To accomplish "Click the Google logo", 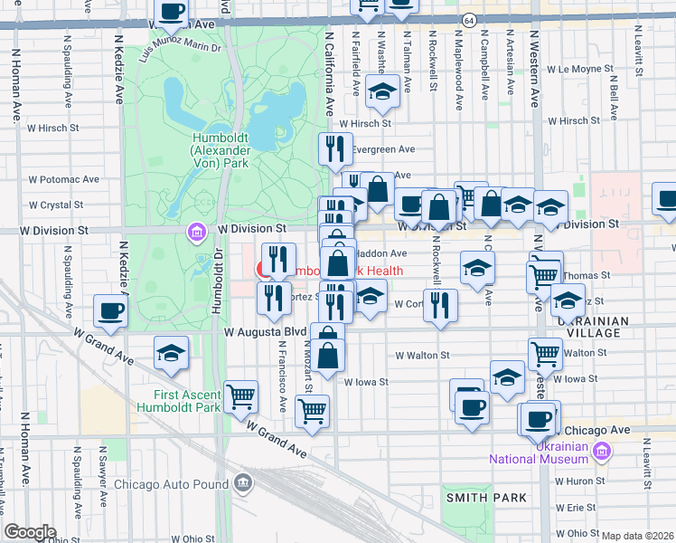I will [30, 532].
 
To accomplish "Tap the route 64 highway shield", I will [468, 20].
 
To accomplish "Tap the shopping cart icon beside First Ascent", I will [240, 396].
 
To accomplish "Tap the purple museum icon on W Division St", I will [196, 233].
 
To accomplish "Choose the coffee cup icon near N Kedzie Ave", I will [111, 311].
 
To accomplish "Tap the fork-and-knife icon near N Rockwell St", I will [440, 307].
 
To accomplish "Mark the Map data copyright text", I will [637, 536].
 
